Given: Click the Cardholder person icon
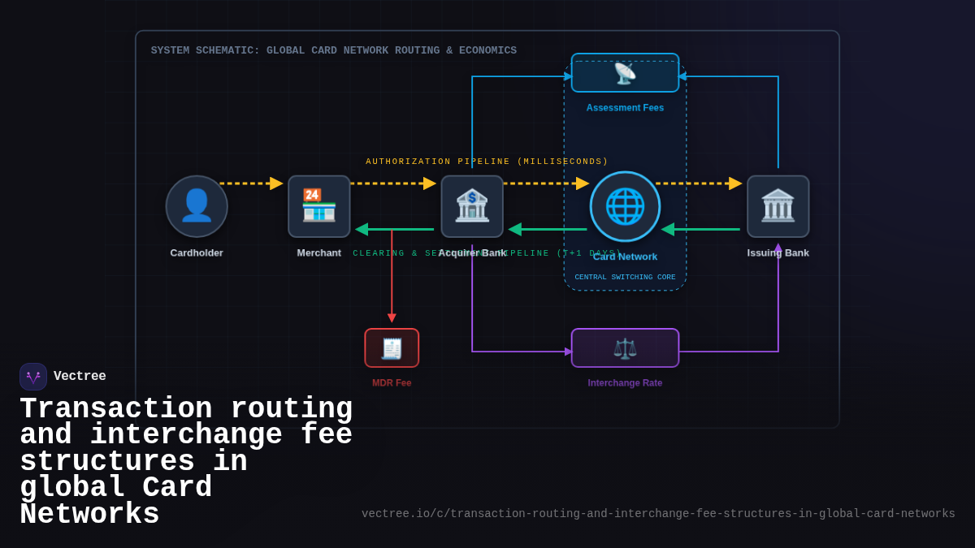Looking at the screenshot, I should (x=197, y=206).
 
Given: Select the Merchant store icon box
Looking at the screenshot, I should (x=319, y=206).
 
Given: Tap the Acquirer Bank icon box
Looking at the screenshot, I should (x=472, y=206).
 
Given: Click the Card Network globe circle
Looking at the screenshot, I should (x=625, y=206).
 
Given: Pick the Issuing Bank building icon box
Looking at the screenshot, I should (x=778, y=206).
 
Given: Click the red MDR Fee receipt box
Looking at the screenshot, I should (x=392, y=348).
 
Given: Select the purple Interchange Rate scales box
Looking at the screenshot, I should (x=625, y=348).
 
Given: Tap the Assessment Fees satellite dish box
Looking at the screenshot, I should (x=625, y=73).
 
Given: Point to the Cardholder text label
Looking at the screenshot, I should (x=197, y=252).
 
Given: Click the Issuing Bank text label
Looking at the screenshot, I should (x=778, y=252).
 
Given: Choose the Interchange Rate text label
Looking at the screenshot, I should (x=625, y=383).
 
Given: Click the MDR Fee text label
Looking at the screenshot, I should (x=392, y=383).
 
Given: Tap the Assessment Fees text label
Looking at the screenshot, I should (x=625, y=108).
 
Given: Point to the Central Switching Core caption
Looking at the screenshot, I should (x=625, y=278).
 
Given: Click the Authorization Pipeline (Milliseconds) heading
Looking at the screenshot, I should (x=487, y=162).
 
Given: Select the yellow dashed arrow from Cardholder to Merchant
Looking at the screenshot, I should (x=251, y=183).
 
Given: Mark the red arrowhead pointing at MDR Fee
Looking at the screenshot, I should (x=392, y=318).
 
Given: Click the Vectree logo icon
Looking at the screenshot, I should (x=33, y=377).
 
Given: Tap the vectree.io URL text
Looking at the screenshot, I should (x=658, y=514).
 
